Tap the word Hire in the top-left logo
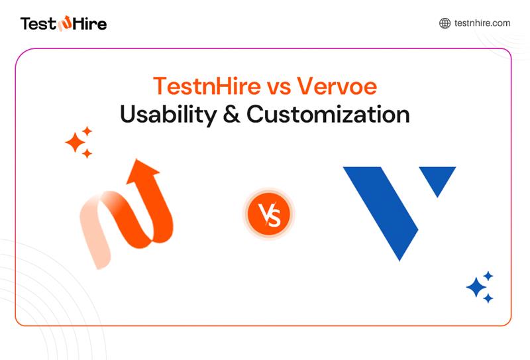(x=89, y=24)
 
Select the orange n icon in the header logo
(x=64, y=25)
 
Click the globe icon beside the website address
(x=445, y=23)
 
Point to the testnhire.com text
(x=482, y=23)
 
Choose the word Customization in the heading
(x=328, y=114)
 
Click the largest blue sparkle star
(x=476, y=286)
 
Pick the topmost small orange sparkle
(x=87, y=131)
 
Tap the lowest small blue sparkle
(x=488, y=298)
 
